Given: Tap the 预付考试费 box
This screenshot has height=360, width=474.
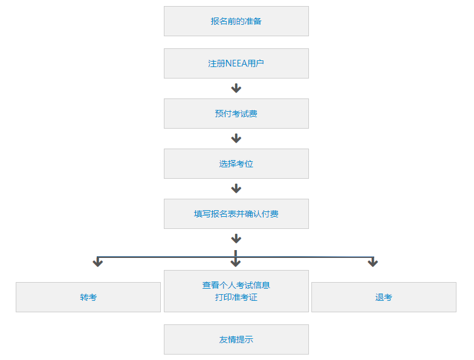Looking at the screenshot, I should point(236,114).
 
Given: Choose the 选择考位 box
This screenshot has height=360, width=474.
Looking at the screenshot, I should point(236,164).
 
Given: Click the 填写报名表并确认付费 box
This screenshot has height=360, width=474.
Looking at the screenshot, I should point(236,214).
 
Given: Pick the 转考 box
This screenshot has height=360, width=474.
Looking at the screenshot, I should point(88,297).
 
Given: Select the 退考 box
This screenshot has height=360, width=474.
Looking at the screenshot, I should point(383,297).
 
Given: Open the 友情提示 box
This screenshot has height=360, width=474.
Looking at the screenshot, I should point(236,339).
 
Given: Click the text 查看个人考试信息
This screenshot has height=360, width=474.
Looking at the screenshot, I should point(236,285).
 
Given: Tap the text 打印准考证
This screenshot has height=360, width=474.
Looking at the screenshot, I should point(236,297).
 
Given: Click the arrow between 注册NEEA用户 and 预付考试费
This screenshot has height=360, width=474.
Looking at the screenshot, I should point(236,89).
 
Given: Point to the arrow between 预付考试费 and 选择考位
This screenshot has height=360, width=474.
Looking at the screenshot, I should point(236,139).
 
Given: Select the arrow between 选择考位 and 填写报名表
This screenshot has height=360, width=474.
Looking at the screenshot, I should point(236,189).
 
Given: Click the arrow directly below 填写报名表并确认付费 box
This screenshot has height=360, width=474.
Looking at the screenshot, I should point(236,239).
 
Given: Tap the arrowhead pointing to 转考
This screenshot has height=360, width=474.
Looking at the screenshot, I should point(97,263).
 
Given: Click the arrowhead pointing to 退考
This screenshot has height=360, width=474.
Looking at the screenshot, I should point(372,263).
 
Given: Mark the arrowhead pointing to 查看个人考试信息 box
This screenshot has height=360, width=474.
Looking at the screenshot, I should point(236,263).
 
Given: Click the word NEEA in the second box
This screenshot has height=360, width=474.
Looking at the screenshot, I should point(236,63).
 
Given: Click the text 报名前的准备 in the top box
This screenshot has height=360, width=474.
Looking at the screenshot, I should point(236,21).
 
